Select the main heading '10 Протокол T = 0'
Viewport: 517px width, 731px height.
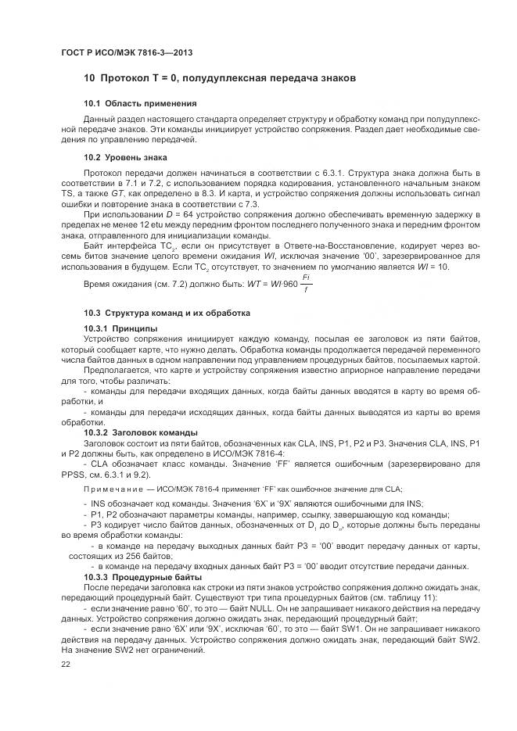click(219, 79)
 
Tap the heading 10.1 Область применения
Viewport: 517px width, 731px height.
click(140, 103)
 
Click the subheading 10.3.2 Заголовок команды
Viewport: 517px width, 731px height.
click(140, 432)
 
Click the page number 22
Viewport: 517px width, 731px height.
click(65, 663)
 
